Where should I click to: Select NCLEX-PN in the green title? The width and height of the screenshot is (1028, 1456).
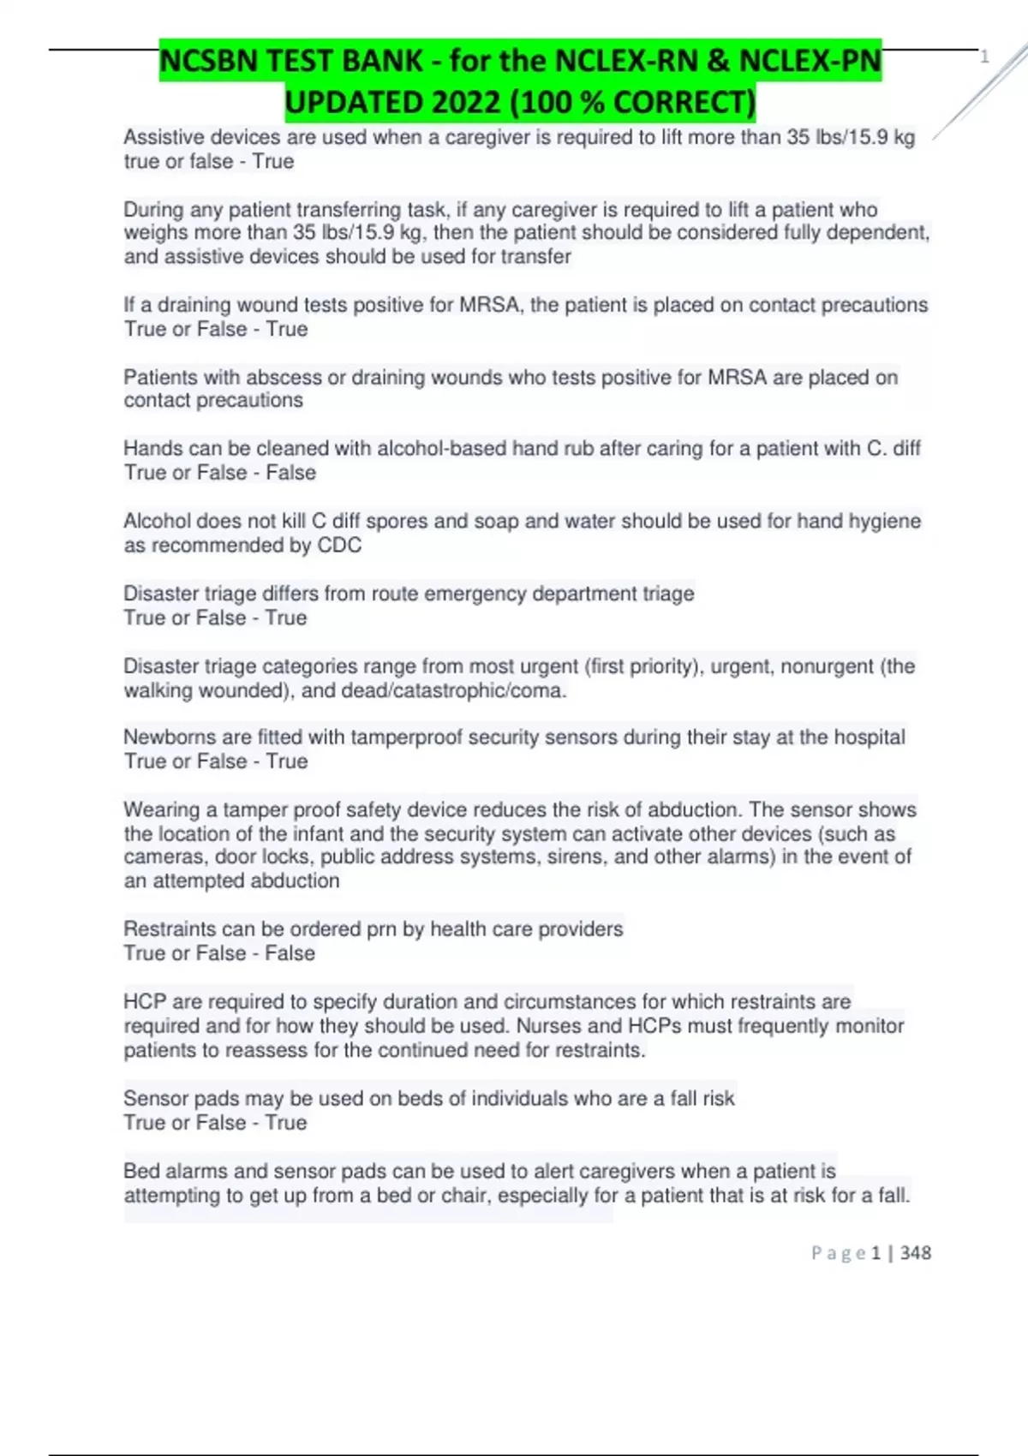pos(810,61)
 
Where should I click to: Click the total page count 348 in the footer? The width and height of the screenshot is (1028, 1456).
pos(916,1253)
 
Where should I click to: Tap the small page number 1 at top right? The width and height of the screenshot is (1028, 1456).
pos(984,57)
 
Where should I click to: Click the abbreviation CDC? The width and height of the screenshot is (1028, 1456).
pos(339,546)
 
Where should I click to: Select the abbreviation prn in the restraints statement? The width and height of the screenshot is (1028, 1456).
pos(381,929)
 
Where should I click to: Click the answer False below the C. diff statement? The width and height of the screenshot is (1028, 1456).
pos(290,473)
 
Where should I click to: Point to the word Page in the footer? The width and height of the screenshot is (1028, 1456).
pos(838,1253)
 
